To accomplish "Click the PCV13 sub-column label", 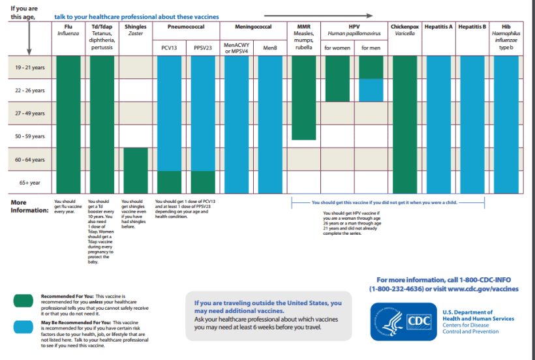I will pos(168,48).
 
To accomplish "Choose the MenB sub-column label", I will pos(269,48).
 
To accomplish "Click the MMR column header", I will pos(303,26).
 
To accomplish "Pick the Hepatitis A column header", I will pos(439,26).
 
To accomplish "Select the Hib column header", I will pos(506,26).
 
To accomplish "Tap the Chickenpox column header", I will pos(405,26).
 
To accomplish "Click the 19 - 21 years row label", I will pos(30,67).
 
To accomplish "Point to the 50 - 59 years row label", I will pos(30,136).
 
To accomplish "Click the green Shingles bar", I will pos(135,170).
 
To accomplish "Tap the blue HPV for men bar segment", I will pos(371,90).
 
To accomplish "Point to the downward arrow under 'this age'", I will pos(28,39).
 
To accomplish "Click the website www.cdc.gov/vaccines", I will pos(483,288).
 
